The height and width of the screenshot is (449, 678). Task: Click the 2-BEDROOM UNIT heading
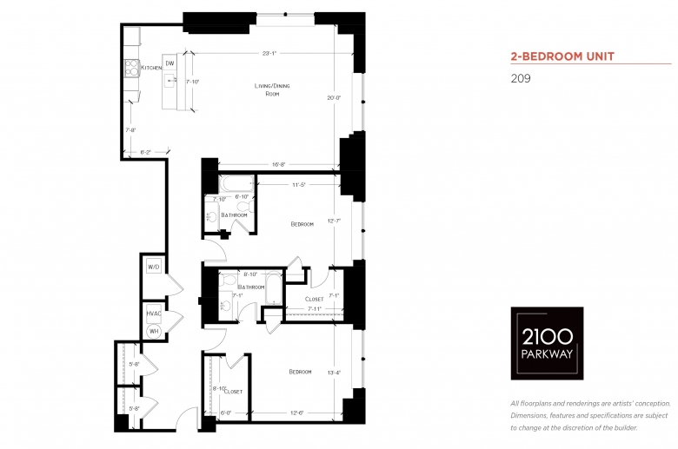click(562, 56)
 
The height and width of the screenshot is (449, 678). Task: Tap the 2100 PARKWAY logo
click(546, 343)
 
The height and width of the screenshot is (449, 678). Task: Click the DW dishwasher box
click(169, 63)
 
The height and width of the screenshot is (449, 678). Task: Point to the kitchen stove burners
click(132, 68)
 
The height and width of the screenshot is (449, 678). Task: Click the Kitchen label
click(151, 68)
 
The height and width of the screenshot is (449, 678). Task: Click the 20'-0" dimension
click(333, 97)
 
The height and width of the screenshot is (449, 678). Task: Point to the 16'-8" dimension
click(280, 163)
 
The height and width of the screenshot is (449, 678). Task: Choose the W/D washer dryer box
click(153, 267)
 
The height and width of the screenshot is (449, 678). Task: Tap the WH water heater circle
click(153, 331)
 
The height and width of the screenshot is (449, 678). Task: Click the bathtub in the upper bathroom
click(234, 184)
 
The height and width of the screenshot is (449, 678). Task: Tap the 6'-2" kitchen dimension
click(146, 152)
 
